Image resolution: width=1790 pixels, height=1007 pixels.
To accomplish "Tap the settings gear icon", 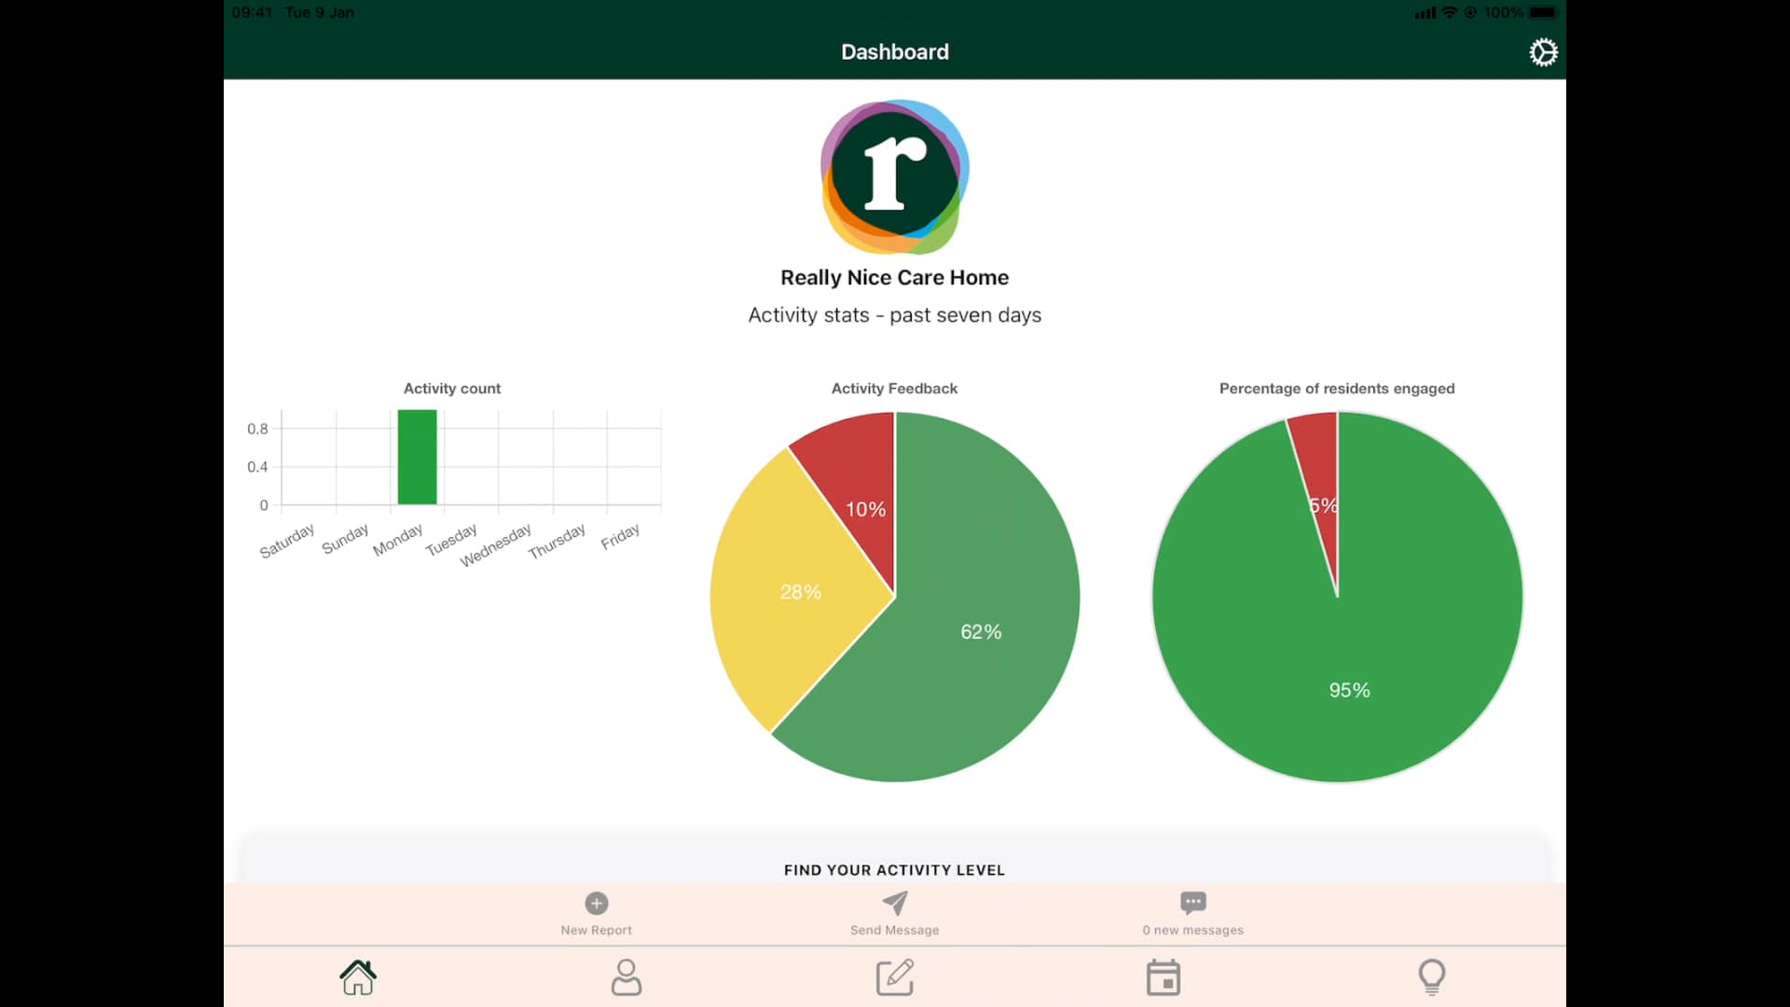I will [x=1543, y=52].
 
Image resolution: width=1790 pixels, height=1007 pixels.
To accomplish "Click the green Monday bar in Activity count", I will [x=417, y=457].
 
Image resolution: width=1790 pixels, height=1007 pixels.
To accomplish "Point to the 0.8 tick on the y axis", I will [x=257, y=429].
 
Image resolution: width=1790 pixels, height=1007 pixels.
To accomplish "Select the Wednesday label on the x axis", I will [x=496, y=545].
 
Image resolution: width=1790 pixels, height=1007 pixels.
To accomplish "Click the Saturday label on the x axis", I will [x=287, y=542].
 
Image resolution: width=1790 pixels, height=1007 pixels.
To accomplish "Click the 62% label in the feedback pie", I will [x=981, y=632].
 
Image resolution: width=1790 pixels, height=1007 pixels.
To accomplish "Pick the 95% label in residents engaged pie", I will [x=1349, y=690].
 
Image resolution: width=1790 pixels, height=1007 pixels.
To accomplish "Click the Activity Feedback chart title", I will [x=894, y=389].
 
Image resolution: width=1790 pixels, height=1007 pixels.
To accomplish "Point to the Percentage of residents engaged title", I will [x=1336, y=389].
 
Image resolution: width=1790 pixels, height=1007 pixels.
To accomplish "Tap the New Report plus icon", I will [x=597, y=903].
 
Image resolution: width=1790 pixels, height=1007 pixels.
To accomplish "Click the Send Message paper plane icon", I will [x=895, y=903].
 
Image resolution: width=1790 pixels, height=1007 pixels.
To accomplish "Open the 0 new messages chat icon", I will [x=1192, y=903].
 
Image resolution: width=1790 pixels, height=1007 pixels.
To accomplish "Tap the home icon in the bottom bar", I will [x=358, y=977].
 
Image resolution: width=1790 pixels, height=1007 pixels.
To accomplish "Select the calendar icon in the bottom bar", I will [x=1163, y=977].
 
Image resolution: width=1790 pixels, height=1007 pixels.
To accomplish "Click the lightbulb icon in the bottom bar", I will [x=1431, y=977].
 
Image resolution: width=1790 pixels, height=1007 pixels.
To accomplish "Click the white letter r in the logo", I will [x=893, y=173].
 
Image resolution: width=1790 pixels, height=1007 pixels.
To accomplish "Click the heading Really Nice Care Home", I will [x=894, y=278].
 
